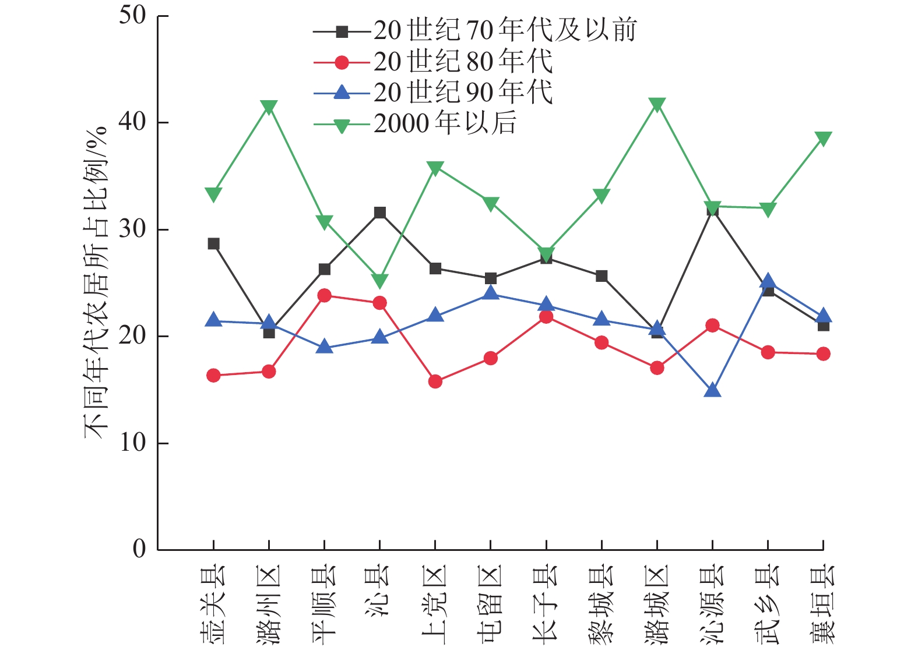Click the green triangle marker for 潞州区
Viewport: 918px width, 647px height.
[269, 107]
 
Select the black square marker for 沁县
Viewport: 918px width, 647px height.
[380, 213]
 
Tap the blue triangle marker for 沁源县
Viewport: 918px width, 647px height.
[712, 390]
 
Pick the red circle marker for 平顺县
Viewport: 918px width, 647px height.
[325, 295]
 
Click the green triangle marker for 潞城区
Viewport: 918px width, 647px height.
[657, 105]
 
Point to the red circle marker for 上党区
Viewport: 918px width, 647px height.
[435, 382]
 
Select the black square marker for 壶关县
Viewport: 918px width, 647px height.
[214, 243]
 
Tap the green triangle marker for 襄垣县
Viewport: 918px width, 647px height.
[823, 139]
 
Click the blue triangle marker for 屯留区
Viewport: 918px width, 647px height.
[491, 293]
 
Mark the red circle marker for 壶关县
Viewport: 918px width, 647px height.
[214, 376]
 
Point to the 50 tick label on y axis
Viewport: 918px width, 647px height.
[132, 16]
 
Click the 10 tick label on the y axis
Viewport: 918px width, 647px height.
[132, 443]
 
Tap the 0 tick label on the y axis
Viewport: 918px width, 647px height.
[139, 549]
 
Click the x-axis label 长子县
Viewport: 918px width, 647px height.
[546, 603]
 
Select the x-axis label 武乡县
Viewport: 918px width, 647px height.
[768, 603]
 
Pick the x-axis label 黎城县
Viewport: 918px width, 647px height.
[602, 603]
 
